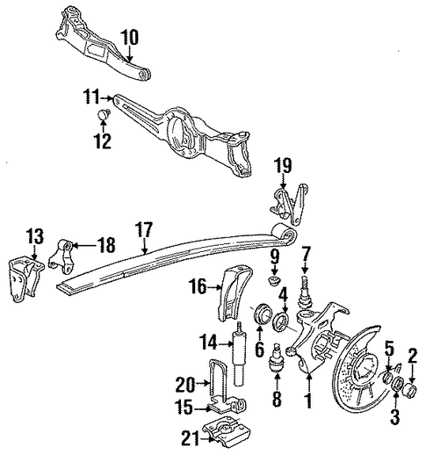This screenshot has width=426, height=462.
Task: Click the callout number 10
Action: [x=129, y=38]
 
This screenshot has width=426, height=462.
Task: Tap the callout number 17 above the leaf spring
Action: [x=144, y=229]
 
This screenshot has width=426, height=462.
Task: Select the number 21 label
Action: [x=191, y=438]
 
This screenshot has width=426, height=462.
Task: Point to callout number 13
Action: [x=35, y=235]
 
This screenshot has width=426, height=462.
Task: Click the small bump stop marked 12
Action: [x=104, y=114]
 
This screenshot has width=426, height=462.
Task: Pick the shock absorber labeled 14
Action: [x=239, y=353]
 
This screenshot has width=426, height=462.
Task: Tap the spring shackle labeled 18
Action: [x=61, y=256]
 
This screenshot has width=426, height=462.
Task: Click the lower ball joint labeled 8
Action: [x=278, y=357]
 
